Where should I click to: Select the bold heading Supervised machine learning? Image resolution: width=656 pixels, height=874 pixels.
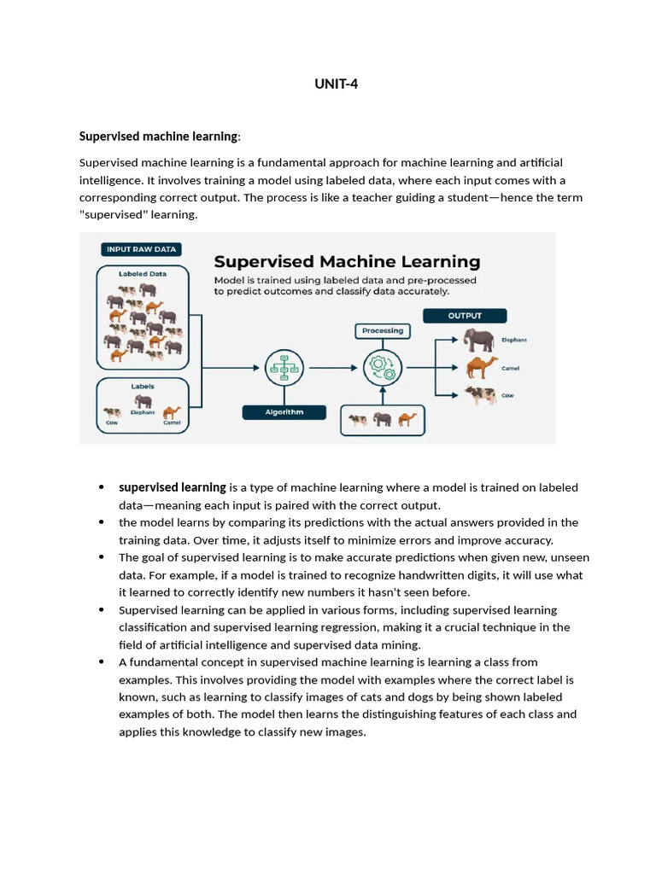click(158, 137)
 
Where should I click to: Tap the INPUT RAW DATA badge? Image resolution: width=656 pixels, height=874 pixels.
click(141, 249)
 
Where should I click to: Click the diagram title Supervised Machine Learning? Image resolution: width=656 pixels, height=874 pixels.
click(347, 262)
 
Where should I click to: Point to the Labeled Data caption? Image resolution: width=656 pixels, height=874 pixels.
click(143, 274)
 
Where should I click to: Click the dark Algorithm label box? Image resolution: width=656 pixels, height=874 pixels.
click(284, 411)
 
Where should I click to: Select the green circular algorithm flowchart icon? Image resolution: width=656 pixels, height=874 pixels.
click(284, 368)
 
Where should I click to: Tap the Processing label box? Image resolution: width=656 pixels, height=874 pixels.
click(383, 330)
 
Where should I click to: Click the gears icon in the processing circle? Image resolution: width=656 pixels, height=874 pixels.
click(382, 368)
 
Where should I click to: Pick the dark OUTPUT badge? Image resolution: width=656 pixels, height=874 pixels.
click(465, 316)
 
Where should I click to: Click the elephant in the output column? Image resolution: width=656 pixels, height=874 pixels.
click(478, 341)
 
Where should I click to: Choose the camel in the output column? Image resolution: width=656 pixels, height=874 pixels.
click(481, 368)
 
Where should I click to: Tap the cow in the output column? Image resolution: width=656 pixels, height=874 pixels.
click(480, 395)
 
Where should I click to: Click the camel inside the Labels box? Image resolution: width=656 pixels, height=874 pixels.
click(173, 413)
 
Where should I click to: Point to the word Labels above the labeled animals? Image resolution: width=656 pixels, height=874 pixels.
click(143, 387)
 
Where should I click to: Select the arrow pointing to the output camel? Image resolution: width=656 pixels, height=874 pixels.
click(447, 368)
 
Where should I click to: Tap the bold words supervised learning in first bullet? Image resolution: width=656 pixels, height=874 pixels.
click(172, 487)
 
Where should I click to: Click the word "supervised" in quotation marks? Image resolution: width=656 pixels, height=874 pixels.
click(111, 214)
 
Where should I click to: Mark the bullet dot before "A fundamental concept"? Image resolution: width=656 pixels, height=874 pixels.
click(101, 662)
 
